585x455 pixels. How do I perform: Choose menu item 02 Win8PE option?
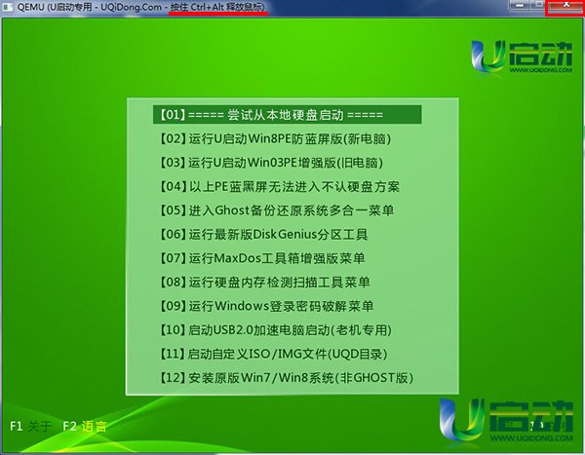(275, 138)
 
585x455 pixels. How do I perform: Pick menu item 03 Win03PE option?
(271, 163)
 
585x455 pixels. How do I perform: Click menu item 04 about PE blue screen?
(280, 186)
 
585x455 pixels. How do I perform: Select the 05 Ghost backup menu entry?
(277, 210)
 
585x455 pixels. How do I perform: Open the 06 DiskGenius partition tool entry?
(264, 234)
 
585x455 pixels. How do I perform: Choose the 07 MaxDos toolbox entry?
(262, 258)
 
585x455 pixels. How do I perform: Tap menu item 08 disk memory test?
(265, 282)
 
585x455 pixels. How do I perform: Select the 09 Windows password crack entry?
(267, 306)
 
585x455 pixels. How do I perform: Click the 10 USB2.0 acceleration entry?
(276, 329)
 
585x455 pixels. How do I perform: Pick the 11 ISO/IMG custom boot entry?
(273, 354)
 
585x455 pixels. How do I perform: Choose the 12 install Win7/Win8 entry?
(287, 378)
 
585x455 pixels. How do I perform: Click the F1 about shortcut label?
(30, 426)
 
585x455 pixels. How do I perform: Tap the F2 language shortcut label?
(85, 426)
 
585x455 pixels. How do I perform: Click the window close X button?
(565, 7)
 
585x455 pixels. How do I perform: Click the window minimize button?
(520, 5)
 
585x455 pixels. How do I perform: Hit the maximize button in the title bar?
(538, 5)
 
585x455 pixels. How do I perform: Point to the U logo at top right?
(486, 57)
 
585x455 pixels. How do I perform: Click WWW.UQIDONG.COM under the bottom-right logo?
(531, 437)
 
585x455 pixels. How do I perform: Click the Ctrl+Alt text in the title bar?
(207, 7)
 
